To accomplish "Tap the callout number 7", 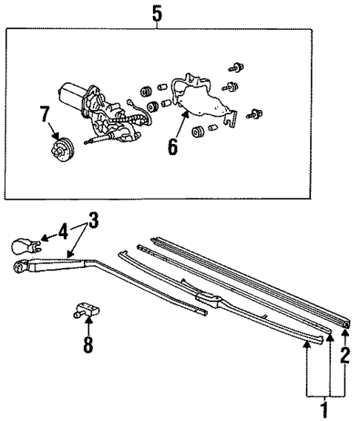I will (45, 115).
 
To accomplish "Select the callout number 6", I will (171, 146).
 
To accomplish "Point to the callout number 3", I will (93, 221).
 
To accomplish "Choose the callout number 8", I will (88, 345).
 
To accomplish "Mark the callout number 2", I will (344, 353).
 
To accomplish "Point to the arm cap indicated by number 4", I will (22, 245).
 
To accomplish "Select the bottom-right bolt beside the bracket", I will (258, 114).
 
